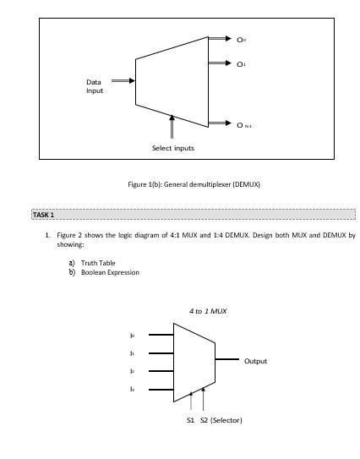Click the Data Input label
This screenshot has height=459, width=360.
coord(95,86)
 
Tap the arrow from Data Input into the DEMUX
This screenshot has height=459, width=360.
coord(123,81)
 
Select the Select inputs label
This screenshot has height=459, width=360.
coord(173,148)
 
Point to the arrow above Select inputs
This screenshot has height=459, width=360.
coord(172,129)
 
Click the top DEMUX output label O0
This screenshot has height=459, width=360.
coord(241,39)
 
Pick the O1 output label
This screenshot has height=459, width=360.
coord(241,63)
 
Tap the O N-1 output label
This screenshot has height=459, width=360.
coord(243,124)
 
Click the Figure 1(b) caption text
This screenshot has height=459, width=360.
coord(194,183)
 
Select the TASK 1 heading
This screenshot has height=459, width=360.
coord(43,215)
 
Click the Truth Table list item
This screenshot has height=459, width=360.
coord(98,263)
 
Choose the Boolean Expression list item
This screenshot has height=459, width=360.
coord(110,272)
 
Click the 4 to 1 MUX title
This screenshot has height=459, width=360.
coord(208,311)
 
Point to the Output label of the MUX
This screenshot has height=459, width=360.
coord(255,361)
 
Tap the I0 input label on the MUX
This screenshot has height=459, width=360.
coord(132,336)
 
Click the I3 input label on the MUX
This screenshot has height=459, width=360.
coord(132,389)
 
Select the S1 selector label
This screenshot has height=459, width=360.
coord(191,420)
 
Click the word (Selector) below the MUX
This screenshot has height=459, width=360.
coord(226,420)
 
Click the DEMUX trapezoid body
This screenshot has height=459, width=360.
coord(172,81)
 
